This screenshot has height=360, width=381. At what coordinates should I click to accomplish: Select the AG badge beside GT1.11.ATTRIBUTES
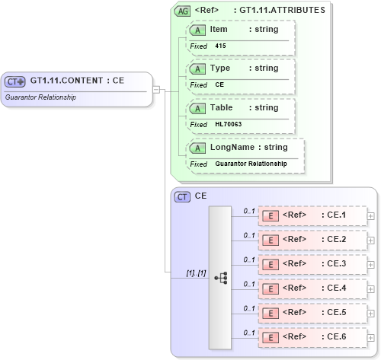(183, 11)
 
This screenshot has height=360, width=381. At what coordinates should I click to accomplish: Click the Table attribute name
(222, 107)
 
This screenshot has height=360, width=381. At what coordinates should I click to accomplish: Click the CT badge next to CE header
(182, 196)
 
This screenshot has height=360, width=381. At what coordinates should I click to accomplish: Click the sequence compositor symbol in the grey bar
(221, 278)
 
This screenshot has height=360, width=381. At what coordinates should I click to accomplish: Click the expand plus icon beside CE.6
(371, 337)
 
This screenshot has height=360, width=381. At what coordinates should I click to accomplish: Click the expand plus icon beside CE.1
(371, 215)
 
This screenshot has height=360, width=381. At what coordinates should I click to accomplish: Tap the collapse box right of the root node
(156, 89)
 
